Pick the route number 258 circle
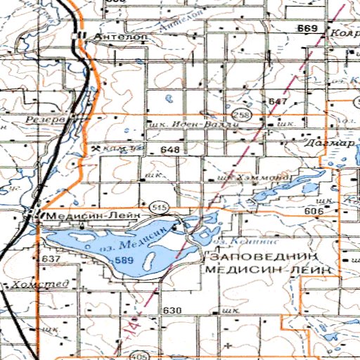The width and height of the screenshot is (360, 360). (242, 114)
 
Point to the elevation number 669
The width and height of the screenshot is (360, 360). (307, 28)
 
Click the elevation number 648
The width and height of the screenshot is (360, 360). (170, 150)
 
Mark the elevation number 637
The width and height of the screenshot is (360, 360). (52, 259)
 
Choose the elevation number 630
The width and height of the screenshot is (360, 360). (172, 310)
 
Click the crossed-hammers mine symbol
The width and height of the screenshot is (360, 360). (95, 149)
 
